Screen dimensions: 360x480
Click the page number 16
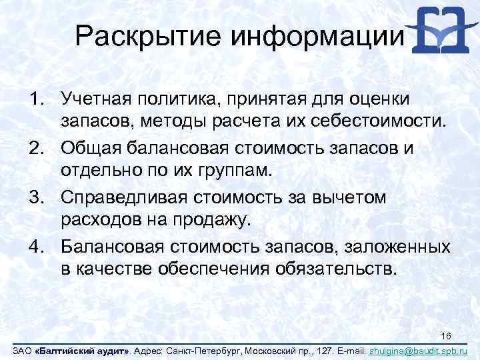pyautogui.click(x=447, y=335)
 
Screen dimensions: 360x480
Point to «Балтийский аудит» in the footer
pyautogui.click(x=83, y=350)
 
